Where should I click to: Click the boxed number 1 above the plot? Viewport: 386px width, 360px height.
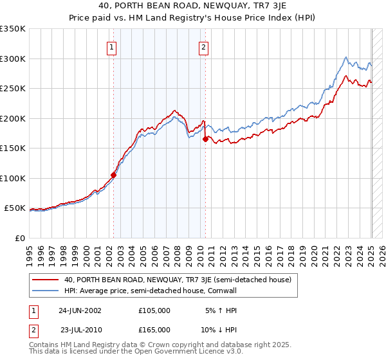click(111, 46)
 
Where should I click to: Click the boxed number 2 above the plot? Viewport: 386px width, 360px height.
click(203, 46)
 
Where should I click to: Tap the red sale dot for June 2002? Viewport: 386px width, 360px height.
click(114, 174)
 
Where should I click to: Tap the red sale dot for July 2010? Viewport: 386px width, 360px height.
click(205, 138)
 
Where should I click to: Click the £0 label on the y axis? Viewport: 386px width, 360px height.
click(20, 238)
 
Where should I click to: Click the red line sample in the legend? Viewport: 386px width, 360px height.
click(46, 280)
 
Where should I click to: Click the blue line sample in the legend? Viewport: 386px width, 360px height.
click(46, 290)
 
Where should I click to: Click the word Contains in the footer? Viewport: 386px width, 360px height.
click(44, 346)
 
